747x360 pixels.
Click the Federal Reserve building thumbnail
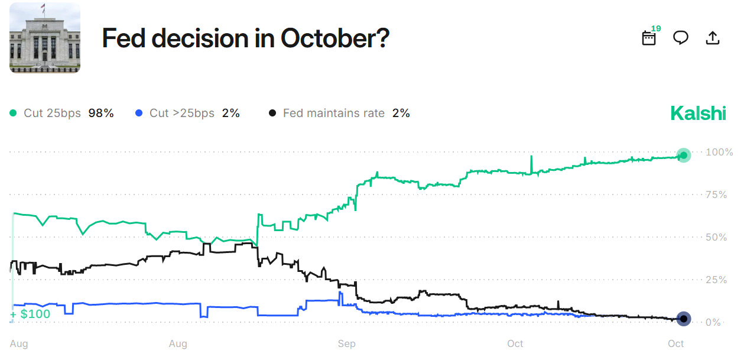(45, 38)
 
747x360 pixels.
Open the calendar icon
(649, 38)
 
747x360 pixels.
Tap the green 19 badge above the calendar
(656, 28)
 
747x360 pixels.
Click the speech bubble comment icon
(681, 38)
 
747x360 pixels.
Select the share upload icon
(713, 38)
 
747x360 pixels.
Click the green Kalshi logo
(698, 113)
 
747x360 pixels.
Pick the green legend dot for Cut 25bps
(14, 113)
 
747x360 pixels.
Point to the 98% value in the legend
(100, 113)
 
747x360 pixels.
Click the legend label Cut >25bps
(182, 113)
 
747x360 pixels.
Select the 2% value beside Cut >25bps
(230, 113)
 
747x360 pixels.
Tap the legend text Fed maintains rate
(333, 113)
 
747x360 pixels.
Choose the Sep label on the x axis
(346, 343)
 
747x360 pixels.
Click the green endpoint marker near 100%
(684, 155)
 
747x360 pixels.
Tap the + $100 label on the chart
(30, 314)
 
